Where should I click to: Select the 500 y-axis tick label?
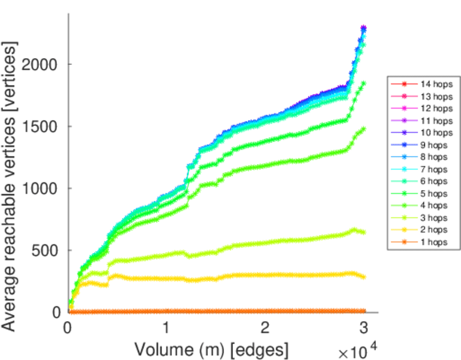pos(46,250)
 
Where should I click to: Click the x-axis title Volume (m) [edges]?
pos(211,349)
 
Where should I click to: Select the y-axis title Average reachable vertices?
pos(10,186)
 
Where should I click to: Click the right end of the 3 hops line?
pos(363,232)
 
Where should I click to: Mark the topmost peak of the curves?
pos(363,28)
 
